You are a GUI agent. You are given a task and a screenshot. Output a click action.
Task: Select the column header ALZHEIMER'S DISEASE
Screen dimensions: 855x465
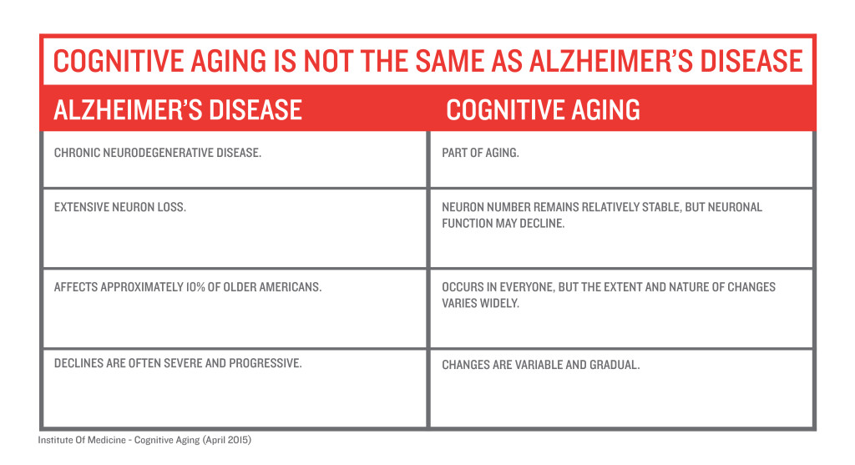(178, 109)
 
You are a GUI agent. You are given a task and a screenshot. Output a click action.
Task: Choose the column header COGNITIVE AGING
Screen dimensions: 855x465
(543, 109)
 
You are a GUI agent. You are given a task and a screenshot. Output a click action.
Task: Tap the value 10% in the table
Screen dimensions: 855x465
(195, 286)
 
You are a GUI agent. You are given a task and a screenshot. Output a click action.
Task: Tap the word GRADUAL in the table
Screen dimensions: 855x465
(615, 365)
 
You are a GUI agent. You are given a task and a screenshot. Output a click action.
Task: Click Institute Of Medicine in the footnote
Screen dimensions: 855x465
(82, 440)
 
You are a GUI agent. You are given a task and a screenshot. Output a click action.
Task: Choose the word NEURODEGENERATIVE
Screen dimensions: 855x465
(158, 153)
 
